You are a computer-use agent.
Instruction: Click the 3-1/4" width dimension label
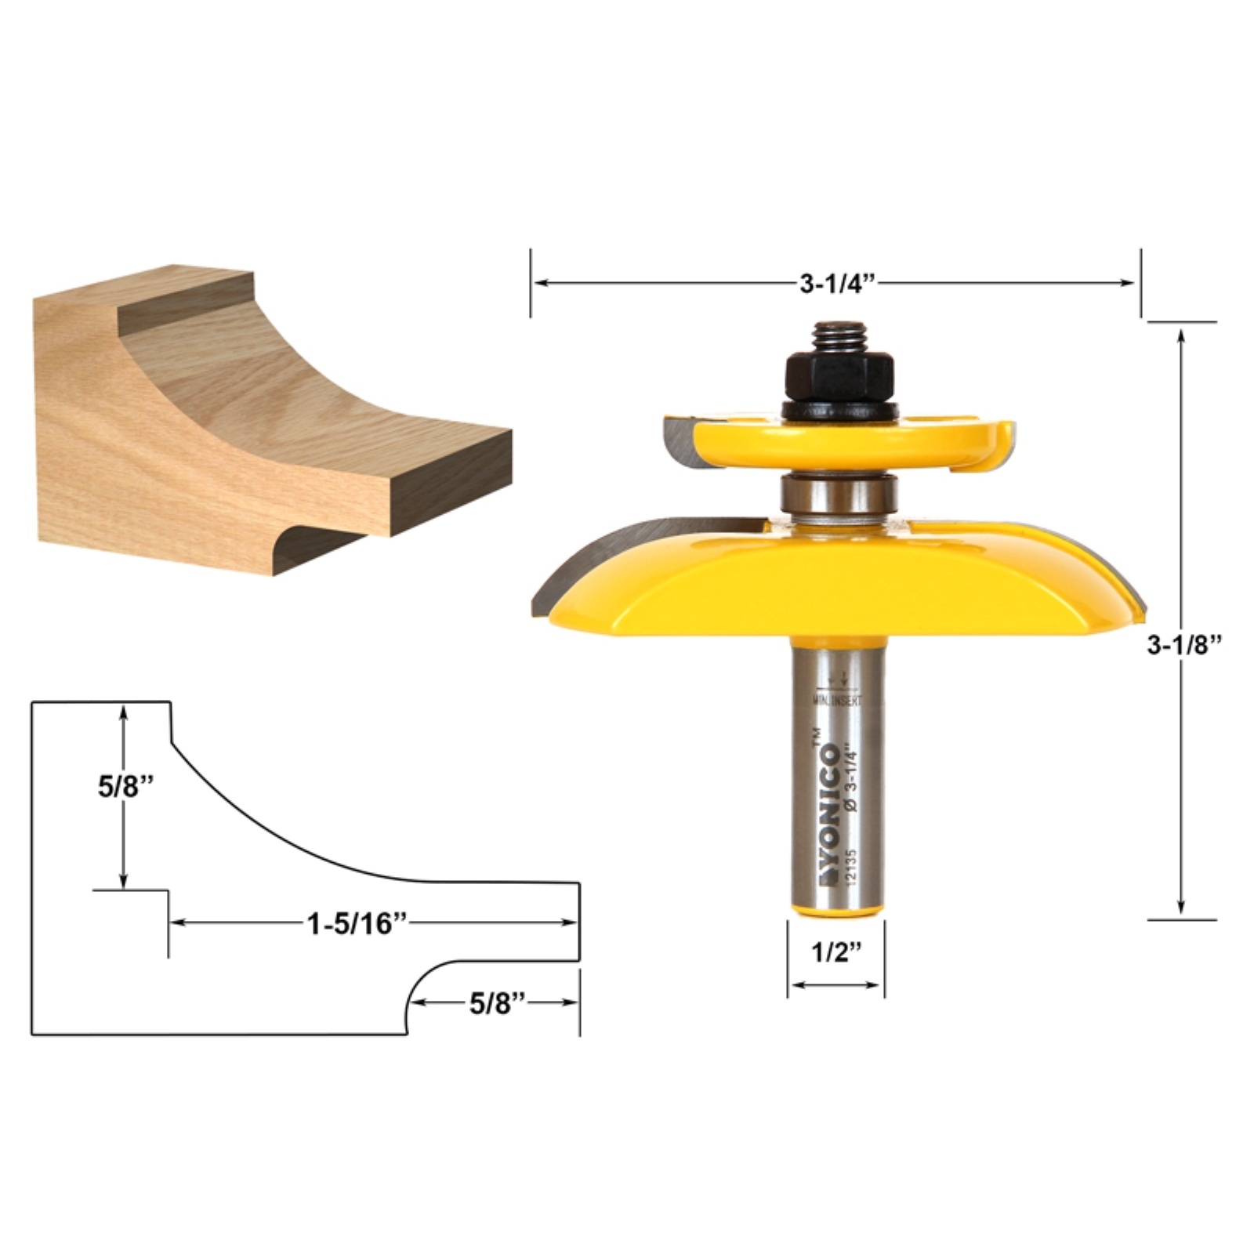pos(836,284)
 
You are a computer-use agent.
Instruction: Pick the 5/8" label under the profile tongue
pos(497,1004)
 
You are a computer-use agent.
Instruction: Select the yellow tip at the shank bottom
pos(836,908)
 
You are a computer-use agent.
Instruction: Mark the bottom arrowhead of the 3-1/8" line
pos(1181,908)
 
